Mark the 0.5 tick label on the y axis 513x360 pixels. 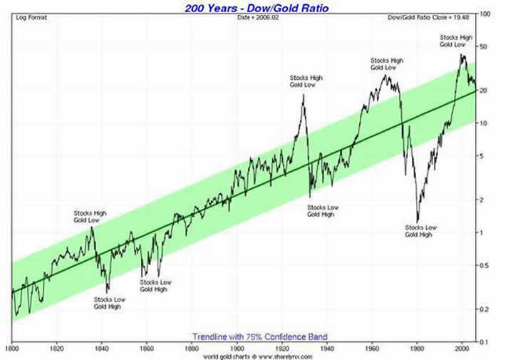(x=485, y=266)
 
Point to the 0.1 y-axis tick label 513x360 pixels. (x=485, y=342)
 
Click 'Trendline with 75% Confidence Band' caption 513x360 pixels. (x=259, y=336)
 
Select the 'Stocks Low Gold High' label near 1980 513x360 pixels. (x=420, y=231)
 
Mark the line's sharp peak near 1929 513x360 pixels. (x=304, y=95)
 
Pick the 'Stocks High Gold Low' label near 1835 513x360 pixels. (x=90, y=217)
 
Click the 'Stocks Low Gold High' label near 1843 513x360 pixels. (x=108, y=302)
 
